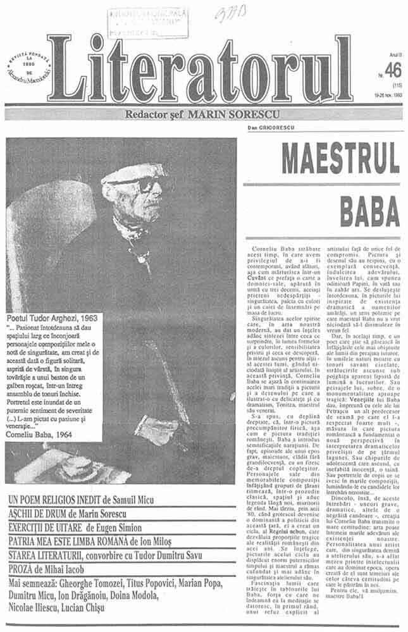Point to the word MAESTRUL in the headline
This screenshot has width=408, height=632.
coord(340,158)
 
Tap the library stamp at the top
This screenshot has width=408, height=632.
coord(147,23)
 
